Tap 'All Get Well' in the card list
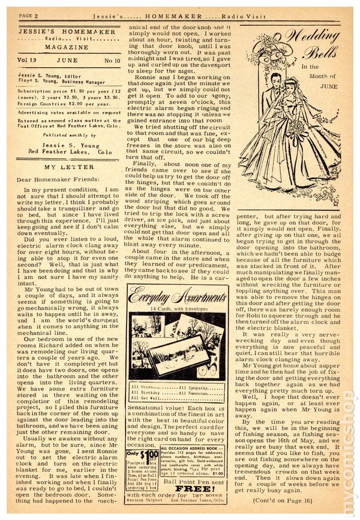149,397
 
